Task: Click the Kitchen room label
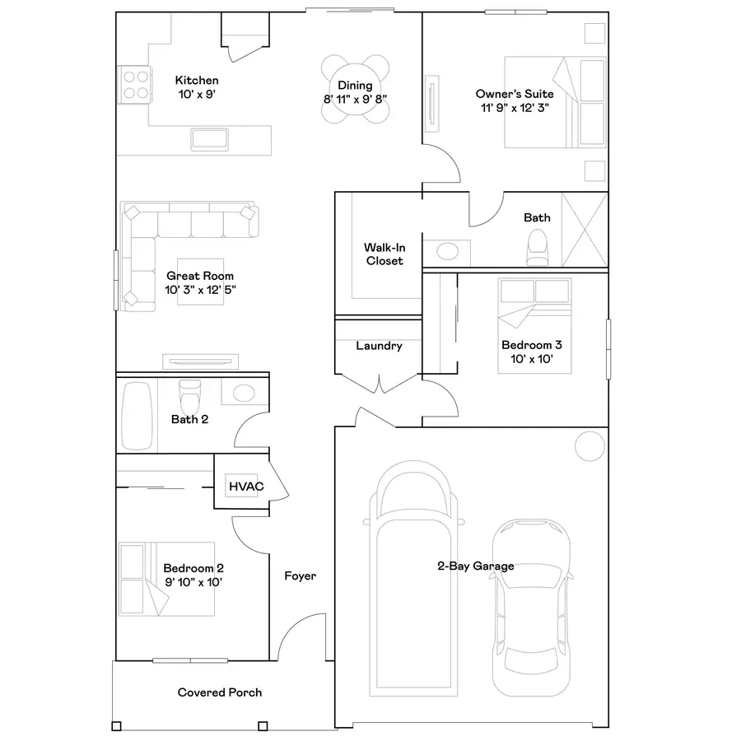point(197,81)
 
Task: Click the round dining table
point(354,89)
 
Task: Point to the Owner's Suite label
point(515,94)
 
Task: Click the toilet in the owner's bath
point(537,245)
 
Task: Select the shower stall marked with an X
point(584,229)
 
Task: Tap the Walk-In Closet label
point(384,254)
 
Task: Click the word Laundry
point(379,346)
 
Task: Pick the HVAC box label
point(246,487)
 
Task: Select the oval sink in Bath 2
point(244,393)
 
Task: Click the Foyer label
point(300,576)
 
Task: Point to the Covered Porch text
point(220,692)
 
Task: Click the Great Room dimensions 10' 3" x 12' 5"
point(200,290)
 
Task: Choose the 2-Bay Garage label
point(475,566)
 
